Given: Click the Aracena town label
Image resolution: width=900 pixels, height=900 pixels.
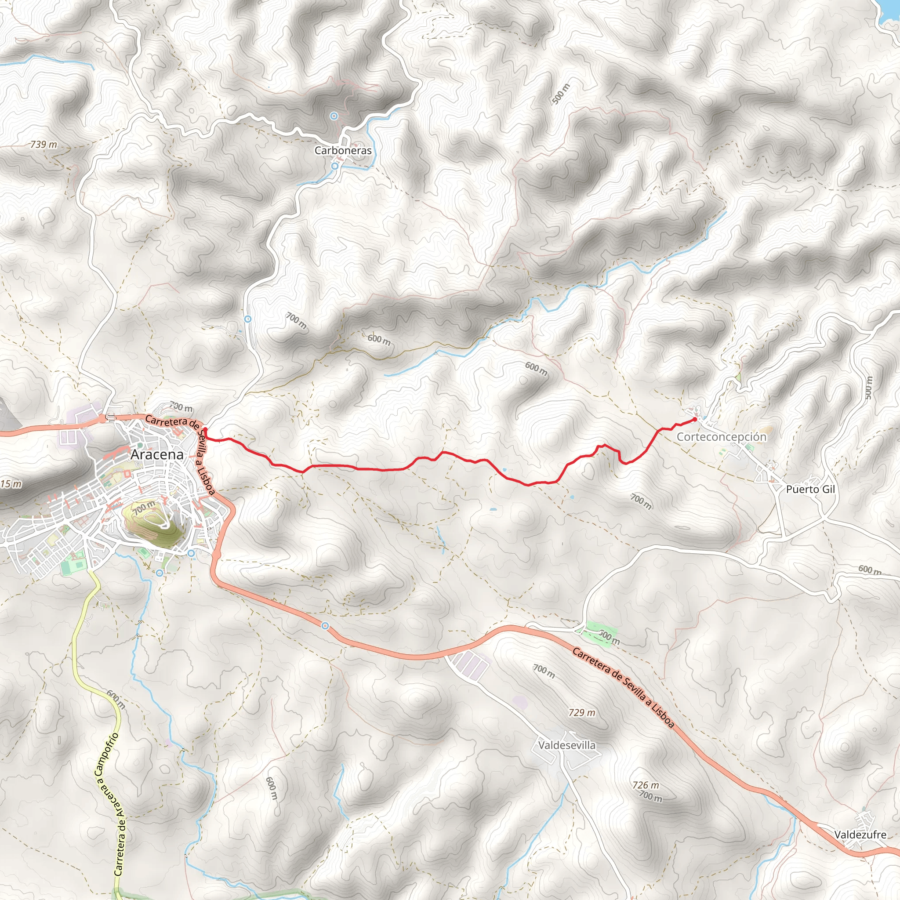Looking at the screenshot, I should pos(157,455).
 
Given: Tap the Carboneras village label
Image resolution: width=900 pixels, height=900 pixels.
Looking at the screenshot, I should pos(343,150).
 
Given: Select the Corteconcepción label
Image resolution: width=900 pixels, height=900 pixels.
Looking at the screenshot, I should pos(721,436).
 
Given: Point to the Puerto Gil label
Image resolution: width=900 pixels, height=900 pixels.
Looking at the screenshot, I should pos(810,489).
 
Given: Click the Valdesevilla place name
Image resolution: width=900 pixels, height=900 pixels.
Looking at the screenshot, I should pos(566,745).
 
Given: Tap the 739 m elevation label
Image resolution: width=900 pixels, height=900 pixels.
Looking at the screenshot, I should pos(44,145).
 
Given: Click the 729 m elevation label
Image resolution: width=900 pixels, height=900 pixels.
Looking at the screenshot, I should pos(582,712).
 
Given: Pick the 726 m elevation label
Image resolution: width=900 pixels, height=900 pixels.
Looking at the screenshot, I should pos(646,785).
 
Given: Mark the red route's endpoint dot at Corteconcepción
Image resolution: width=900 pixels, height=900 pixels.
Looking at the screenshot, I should pos(695,419).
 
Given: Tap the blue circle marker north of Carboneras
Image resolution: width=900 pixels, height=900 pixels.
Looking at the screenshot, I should pos(334,116).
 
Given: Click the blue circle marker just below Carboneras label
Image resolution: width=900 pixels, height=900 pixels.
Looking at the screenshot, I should pos(334,166).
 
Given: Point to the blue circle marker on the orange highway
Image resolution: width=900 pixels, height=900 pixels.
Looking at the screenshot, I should pos(325,626).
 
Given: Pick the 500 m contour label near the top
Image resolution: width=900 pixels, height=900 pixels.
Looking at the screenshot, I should pos(560,94).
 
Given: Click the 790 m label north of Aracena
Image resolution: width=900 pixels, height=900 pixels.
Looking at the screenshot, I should pos(180,406).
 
